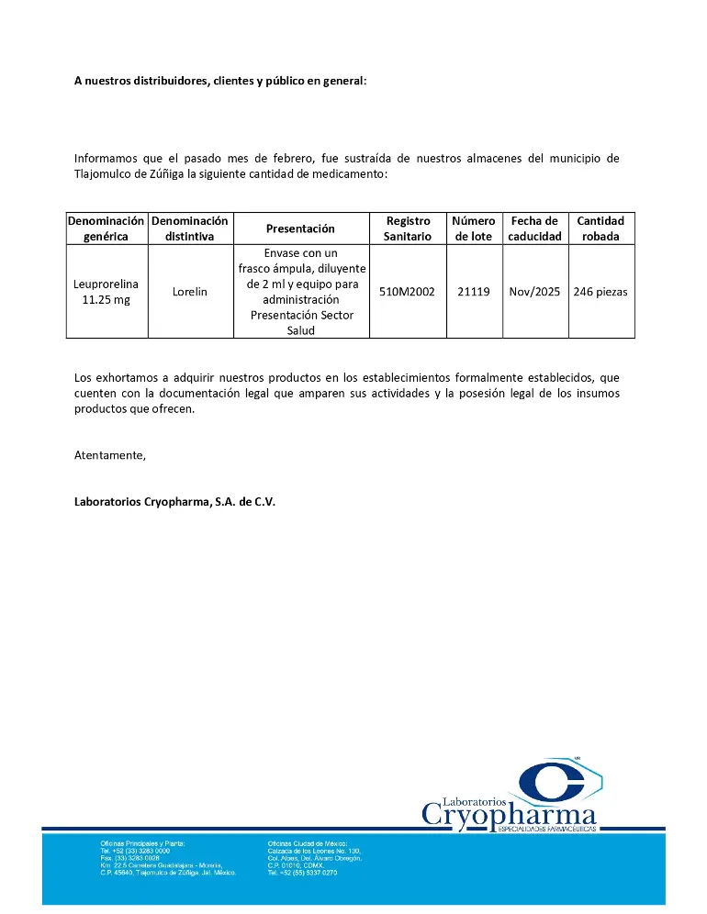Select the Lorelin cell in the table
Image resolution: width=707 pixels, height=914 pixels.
pos(190,292)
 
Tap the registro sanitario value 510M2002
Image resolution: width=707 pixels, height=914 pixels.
pos(407,292)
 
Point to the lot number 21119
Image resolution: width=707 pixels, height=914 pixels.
pos(474,292)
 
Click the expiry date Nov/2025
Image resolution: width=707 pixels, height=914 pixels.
pos(534,292)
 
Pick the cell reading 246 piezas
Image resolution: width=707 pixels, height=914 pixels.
pos(600,292)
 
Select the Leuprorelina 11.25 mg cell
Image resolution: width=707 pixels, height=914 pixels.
pos(106,292)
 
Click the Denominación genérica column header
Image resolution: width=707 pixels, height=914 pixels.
pos(106,228)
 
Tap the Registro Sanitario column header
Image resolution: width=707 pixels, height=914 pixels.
pos(407,228)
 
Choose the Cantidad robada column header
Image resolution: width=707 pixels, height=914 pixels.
pos(600,228)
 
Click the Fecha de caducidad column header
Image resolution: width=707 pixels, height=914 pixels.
pos(534,228)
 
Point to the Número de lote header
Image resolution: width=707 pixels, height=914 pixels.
pos(474,228)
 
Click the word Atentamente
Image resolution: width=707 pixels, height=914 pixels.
pos(109,455)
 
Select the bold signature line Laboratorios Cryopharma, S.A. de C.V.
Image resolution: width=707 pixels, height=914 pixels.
pos(174,502)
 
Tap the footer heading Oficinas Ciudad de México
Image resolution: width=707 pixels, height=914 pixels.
pos(308,842)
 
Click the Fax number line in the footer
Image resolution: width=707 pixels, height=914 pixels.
pos(129,857)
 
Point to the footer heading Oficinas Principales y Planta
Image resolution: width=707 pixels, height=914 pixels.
pos(142,842)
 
